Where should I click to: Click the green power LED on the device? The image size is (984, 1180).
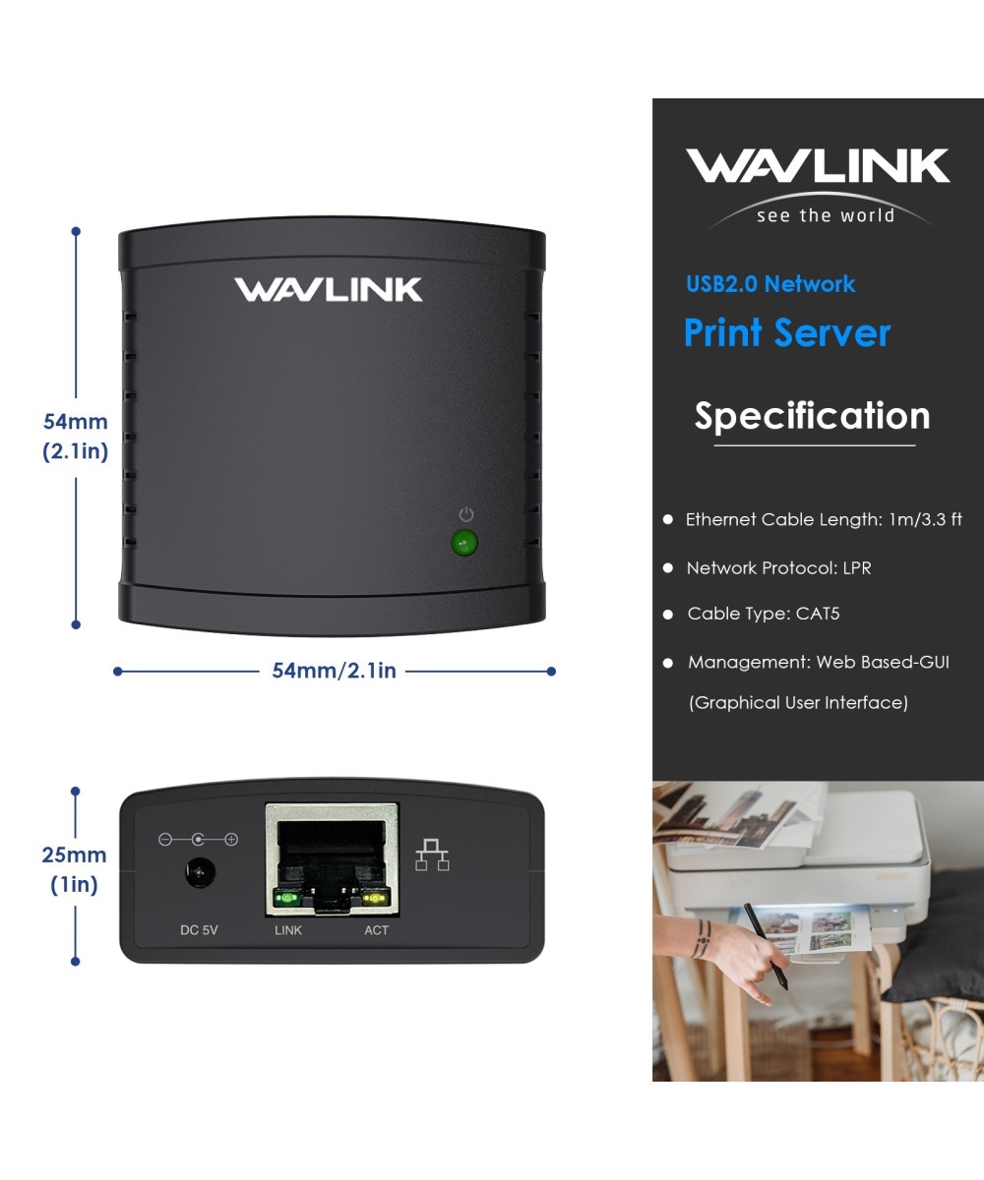[x=463, y=543]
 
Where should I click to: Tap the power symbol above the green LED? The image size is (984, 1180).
[x=466, y=514]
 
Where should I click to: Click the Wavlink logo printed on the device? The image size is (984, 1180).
[x=328, y=289]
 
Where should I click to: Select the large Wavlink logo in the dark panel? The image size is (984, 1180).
[x=818, y=166]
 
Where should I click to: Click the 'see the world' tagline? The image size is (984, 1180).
[x=825, y=215]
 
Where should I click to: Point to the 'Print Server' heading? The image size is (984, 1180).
[x=786, y=332]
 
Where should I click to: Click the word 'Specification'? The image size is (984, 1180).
[x=812, y=416]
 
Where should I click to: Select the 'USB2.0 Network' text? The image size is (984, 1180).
[x=770, y=284]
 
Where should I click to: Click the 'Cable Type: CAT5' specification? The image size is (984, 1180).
[x=763, y=614]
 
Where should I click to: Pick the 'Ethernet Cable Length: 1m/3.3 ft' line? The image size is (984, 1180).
[x=823, y=519]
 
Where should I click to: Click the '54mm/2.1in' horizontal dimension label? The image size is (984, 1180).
[x=334, y=671]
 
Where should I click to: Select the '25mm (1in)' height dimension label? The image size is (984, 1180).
[x=75, y=869]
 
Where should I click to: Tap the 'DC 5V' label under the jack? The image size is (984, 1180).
[x=199, y=929]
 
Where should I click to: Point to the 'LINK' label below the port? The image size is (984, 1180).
[x=288, y=929]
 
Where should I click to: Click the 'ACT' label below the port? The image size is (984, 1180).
[x=376, y=929]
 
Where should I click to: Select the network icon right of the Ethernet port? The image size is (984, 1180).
[x=432, y=855]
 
